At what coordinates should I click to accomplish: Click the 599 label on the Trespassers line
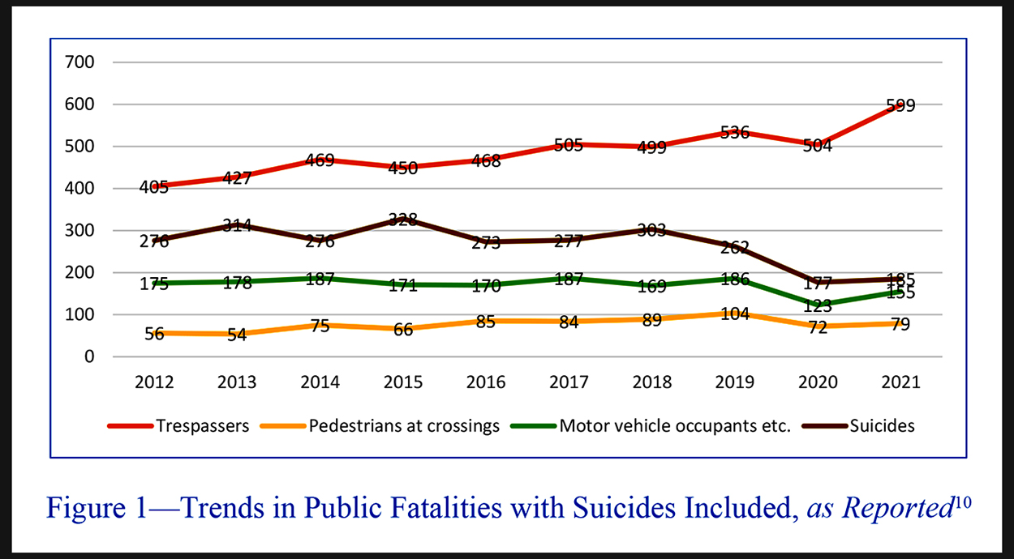(900, 105)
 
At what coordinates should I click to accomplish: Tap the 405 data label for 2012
(154, 188)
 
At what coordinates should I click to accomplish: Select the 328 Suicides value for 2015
(403, 220)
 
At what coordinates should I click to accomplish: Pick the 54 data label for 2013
(237, 335)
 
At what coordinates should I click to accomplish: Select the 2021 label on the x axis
(900, 383)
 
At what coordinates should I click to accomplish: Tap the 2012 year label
(154, 383)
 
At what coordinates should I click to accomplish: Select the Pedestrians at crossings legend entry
(404, 426)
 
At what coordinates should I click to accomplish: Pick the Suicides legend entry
(883, 426)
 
